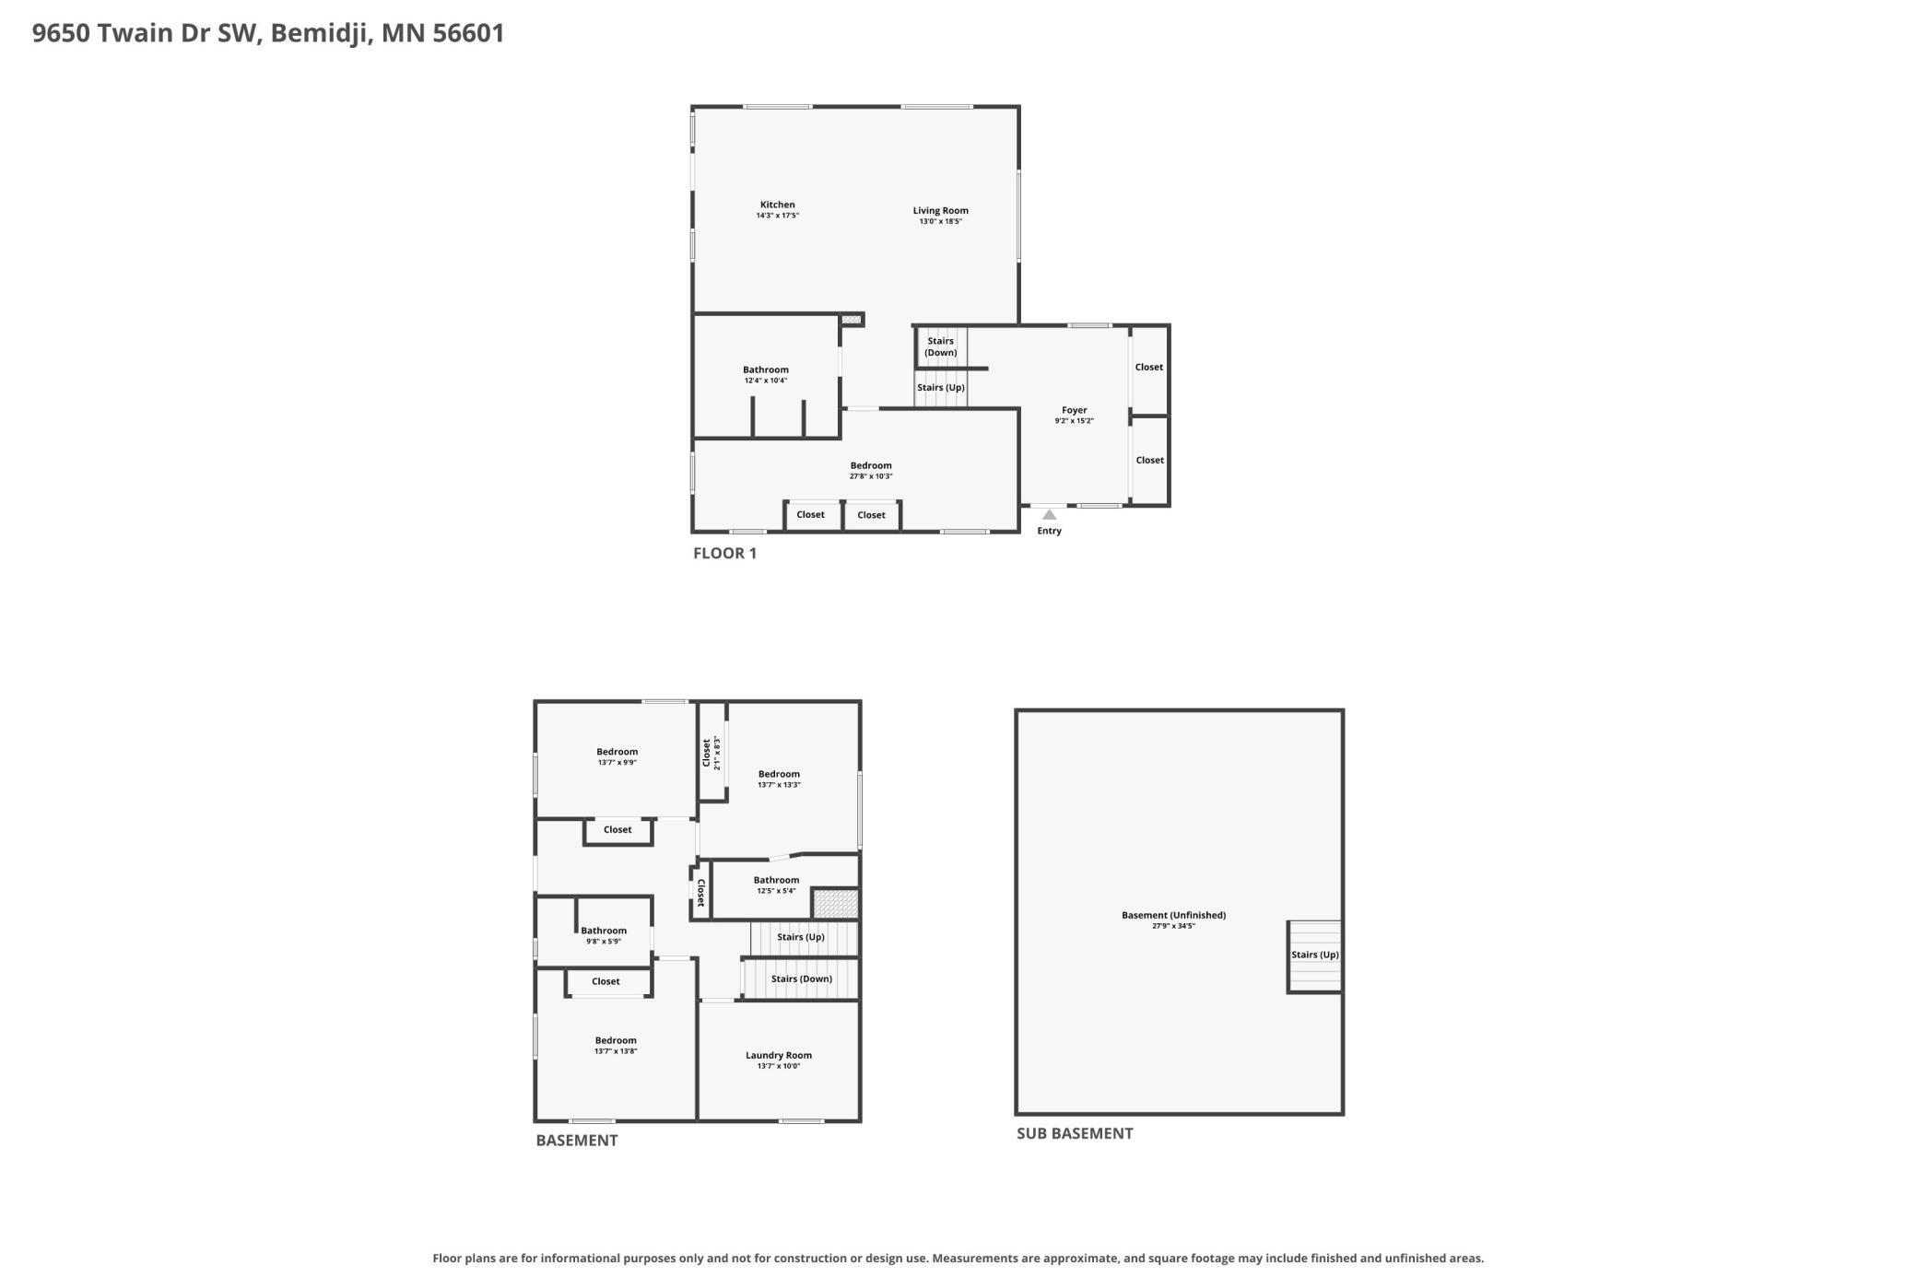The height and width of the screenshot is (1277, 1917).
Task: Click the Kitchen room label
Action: [x=777, y=205]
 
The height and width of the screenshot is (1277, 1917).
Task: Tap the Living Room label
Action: [x=940, y=210]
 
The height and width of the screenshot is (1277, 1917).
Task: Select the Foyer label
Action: [x=1074, y=410]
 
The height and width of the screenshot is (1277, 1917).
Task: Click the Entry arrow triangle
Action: [x=1049, y=514]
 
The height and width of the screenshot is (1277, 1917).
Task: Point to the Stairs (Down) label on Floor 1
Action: [x=940, y=346]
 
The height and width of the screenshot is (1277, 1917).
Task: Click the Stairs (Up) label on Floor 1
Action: [x=940, y=388]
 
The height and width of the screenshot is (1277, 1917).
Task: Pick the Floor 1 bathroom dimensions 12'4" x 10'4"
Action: [x=765, y=381]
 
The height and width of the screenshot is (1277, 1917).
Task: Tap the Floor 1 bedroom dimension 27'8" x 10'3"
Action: [x=870, y=476]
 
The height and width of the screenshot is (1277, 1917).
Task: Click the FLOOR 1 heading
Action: [x=724, y=553]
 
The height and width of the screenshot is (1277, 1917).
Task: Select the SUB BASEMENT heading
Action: [x=1075, y=1133]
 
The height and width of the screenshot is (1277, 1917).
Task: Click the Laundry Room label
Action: [x=778, y=1056]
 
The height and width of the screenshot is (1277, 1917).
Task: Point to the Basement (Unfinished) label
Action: [x=1173, y=915]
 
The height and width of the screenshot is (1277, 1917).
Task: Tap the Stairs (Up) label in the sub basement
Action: [x=1314, y=955]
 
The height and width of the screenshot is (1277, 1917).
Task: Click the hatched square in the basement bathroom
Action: [x=836, y=903]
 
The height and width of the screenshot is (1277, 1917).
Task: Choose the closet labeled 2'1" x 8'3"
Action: [x=712, y=753]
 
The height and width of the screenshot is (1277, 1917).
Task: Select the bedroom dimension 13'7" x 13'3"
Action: [x=779, y=785]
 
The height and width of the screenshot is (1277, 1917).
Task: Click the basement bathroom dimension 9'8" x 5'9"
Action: [x=604, y=942]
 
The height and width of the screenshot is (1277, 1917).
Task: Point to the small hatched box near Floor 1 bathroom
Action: [x=851, y=320]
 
